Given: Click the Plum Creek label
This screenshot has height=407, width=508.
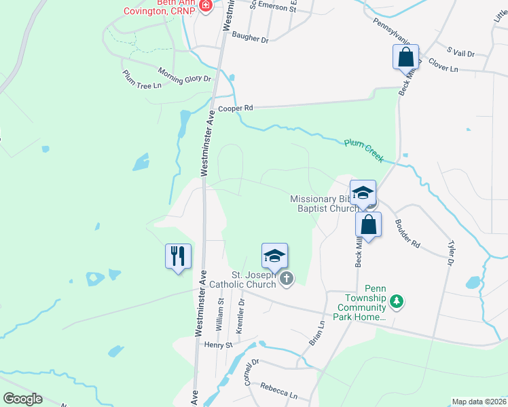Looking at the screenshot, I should (x=364, y=151).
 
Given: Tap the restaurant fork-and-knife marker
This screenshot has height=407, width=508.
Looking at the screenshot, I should (x=178, y=256).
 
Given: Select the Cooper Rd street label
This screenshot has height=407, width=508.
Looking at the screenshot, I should (x=234, y=108).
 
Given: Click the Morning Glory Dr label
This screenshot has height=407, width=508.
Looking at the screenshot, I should (x=185, y=75).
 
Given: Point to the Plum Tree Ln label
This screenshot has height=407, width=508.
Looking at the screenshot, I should (x=142, y=79).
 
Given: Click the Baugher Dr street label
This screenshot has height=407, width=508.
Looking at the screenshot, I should (x=250, y=39).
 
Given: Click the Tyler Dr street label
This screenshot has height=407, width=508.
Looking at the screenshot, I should (x=450, y=252).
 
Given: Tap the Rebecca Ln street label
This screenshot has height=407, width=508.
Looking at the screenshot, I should (x=278, y=390).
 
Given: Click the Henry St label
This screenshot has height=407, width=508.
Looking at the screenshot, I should (x=218, y=345).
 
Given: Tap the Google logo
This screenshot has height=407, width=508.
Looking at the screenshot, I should (x=22, y=399).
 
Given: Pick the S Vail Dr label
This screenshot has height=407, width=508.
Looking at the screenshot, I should (x=460, y=52).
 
